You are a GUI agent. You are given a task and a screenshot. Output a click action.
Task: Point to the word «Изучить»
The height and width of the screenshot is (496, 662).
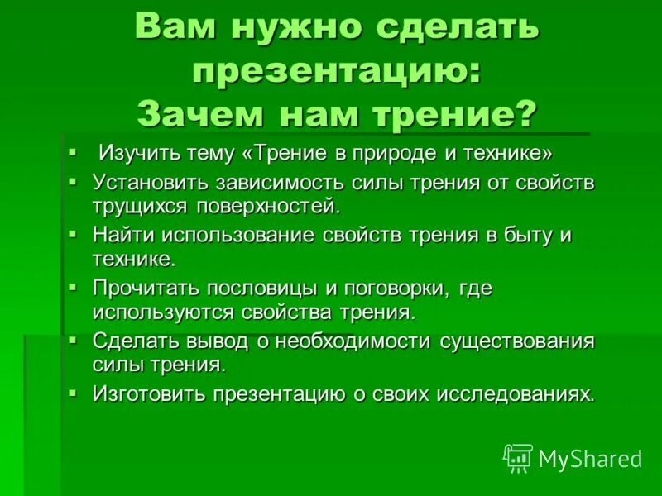(x=136, y=154)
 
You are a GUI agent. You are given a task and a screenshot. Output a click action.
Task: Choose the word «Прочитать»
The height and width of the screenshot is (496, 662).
(x=146, y=289)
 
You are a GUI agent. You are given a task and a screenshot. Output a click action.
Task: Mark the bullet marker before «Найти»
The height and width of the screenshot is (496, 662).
(x=73, y=233)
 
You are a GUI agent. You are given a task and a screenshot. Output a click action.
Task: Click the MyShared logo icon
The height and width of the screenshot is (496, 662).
(x=518, y=457)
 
